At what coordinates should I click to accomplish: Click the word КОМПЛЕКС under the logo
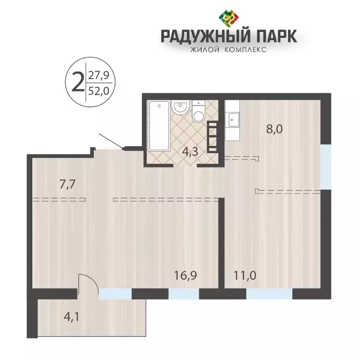(245, 50)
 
